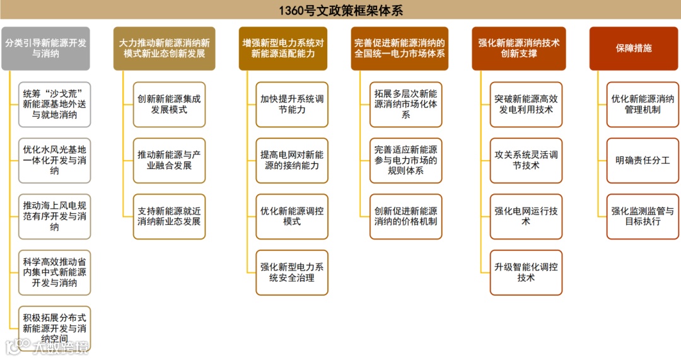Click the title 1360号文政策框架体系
point(340,10)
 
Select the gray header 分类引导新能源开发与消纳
point(45,49)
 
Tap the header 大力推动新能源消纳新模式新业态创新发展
point(164,49)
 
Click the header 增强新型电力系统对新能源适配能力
point(283,49)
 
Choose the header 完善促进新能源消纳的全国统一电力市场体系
point(400,49)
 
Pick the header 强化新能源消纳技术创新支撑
point(519,49)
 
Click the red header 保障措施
point(634,49)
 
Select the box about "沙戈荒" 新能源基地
point(54,104)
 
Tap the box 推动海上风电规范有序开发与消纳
point(54,216)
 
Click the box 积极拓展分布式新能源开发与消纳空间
point(54,328)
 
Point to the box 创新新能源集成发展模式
point(169,104)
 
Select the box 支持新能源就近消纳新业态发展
point(169,216)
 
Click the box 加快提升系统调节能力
point(292,104)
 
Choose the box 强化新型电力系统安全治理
point(292,272)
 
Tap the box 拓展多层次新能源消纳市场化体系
point(405,104)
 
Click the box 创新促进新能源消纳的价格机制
point(405,216)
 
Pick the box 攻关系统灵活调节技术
point(526,160)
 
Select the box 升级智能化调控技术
point(526,272)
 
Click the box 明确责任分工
point(643,160)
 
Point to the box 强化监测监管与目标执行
point(643,216)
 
